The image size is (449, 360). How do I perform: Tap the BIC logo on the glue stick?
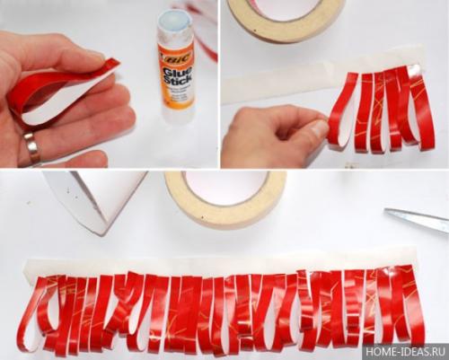tap(174, 57)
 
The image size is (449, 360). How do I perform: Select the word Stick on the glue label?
tap(177, 81)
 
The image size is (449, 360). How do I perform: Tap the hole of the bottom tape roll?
tap(224, 187)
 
